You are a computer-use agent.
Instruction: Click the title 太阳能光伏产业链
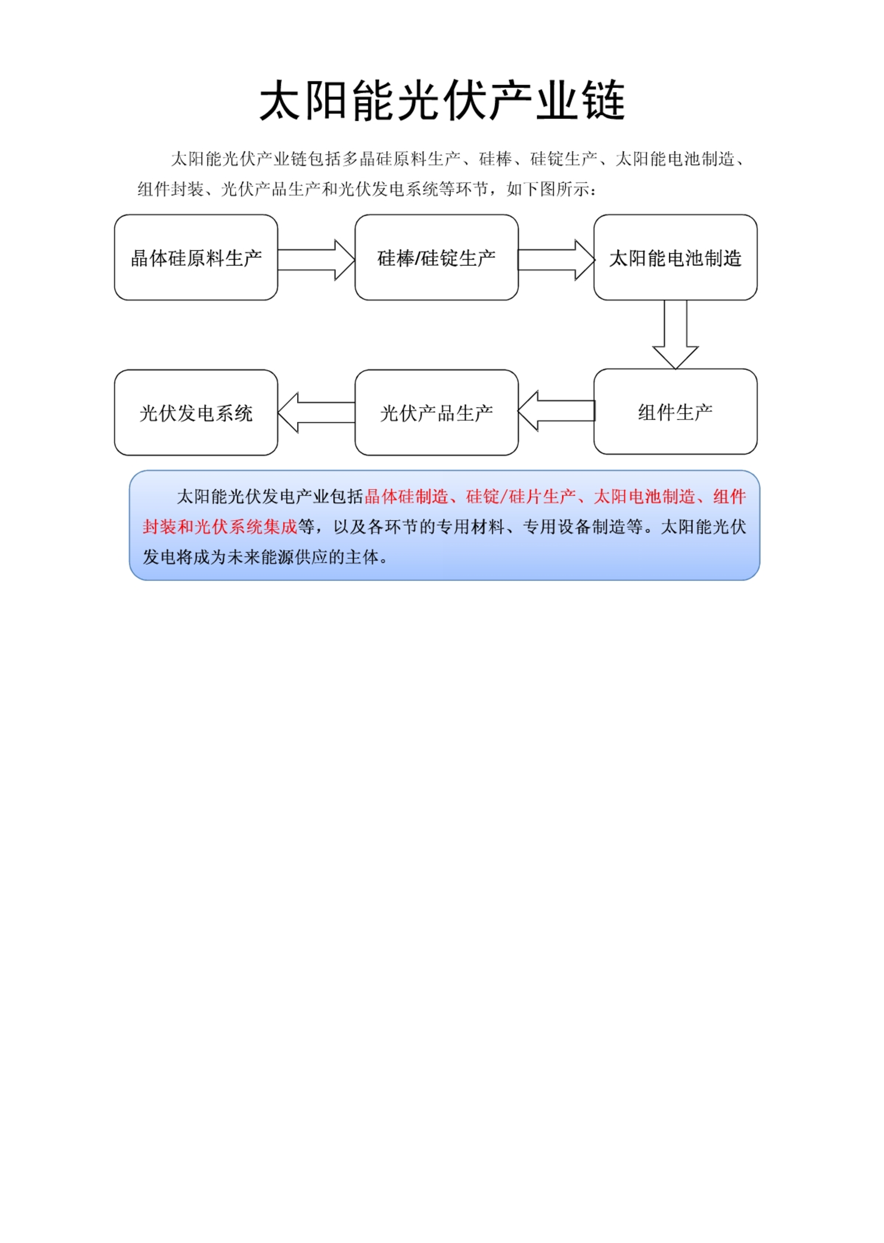click(x=442, y=100)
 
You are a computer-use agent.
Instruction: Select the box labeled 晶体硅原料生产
click(x=196, y=257)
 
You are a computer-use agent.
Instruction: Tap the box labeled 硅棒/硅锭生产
click(x=436, y=257)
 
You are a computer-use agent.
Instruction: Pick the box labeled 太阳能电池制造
click(x=675, y=257)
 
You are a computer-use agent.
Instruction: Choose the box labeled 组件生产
click(x=675, y=412)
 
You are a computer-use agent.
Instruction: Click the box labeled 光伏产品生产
click(x=436, y=412)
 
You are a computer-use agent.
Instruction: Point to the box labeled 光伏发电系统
click(x=196, y=412)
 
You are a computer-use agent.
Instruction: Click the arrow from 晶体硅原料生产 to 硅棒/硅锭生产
click(x=316, y=260)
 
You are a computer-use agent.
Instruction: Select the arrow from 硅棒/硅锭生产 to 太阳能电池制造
click(x=557, y=260)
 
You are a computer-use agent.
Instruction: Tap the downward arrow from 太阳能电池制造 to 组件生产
click(x=675, y=334)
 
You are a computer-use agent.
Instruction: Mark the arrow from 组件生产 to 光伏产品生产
click(x=557, y=411)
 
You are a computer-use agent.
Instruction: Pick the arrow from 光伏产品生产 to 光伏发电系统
click(x=316, y=412)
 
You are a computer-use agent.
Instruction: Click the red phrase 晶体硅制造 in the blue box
click(x=406, y=496)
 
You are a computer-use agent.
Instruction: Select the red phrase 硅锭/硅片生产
click(x=521, y=496)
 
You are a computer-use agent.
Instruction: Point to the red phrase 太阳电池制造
click(x=644, y=496)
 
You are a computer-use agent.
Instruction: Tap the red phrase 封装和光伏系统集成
click(x=220, y=526)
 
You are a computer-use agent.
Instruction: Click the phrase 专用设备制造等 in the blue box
click(x=583, y=526)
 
